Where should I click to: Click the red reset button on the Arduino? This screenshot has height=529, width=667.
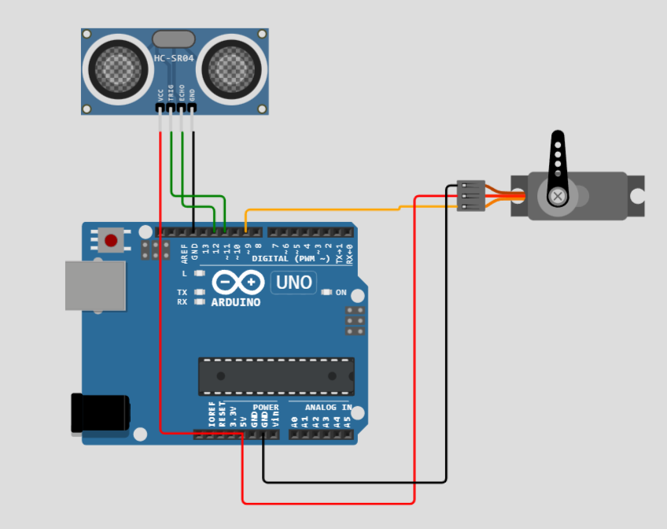pos(111,239)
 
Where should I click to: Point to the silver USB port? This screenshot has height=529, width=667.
pos(94,285)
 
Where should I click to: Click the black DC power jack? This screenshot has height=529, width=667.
pos(100,412)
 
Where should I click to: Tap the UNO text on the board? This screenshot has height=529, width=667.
pos(293,282)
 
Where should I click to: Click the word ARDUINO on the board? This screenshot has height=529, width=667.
pos(236,301)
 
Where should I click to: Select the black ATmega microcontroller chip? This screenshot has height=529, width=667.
pos(276,376)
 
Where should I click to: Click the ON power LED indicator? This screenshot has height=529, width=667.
pos(327,292)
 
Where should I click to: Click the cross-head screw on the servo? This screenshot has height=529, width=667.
pos(558,194)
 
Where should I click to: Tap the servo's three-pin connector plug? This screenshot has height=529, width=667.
pos(470,195)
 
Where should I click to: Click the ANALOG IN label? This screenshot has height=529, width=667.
pos(328,407)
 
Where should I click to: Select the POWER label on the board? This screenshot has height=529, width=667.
pos(265,407)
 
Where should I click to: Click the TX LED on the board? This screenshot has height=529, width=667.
pos(199,292)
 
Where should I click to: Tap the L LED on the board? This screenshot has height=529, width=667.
pos(199,273)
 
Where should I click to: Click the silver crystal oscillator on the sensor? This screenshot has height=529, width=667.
pos(174,39)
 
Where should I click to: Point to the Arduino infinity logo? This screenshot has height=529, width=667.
pos(238,282)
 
